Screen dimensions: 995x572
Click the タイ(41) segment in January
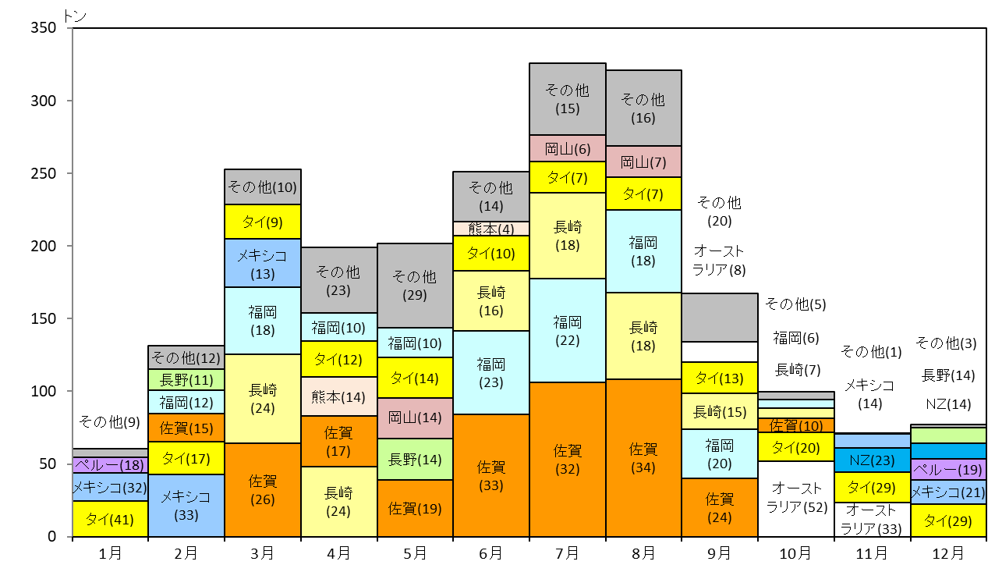(110, 519)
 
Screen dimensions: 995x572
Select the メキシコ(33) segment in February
(186, 506)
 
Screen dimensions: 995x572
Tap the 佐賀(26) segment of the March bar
(263, 490)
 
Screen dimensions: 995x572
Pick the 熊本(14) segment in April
(339, 396)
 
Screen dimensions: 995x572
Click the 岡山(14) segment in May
(415, 418)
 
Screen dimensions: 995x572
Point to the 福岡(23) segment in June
(490, 372)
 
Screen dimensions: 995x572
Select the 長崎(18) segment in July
(567, 236)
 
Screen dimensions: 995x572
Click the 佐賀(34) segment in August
(643, 458)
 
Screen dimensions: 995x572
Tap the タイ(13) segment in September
(720, 378)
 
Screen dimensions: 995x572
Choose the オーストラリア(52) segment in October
(796, 499)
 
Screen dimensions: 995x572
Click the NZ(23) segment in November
(873, 460)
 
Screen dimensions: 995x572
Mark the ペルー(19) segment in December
(948, 469)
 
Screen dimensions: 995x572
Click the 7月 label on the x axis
(567, 553)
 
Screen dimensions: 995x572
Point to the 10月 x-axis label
(795, 553)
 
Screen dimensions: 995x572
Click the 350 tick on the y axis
(43, 28)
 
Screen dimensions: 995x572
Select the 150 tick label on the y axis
(43, 318)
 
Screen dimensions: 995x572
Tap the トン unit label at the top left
(75, 16)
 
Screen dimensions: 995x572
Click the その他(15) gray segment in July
(567, 99)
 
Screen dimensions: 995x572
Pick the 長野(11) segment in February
(186, 379)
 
